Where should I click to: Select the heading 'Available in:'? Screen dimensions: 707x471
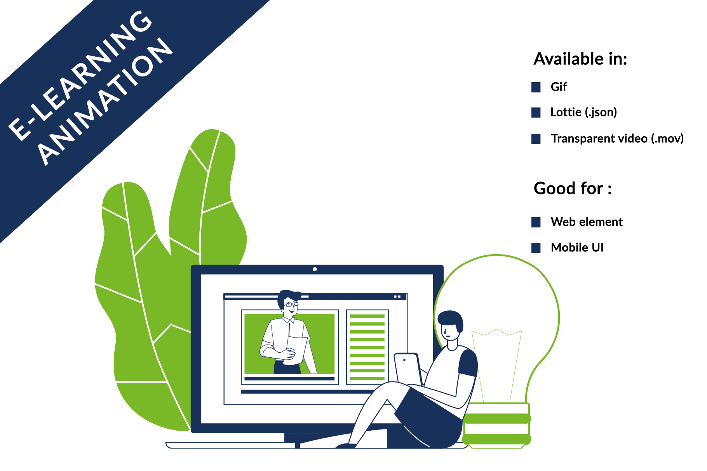click(x=580, y=59)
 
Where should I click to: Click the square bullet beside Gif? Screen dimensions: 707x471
click(x=536, y=87)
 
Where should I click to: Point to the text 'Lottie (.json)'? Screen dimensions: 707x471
click(x=583, y=112)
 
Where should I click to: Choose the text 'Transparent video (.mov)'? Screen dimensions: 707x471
click(x=617, y=139)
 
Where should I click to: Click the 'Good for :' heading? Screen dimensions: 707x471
click(x=573, y=189)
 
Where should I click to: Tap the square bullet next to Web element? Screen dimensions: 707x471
click(x=536, y=222)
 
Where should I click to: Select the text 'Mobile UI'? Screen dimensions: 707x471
click(x=577, y=248)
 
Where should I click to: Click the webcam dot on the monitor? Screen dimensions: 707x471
click(x=315, y=269)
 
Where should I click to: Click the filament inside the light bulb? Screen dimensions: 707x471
click(x=496, y=365)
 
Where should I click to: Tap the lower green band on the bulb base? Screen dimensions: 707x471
click(x=496, y=439)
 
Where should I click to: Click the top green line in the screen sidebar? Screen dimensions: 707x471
click(x=367, y=316)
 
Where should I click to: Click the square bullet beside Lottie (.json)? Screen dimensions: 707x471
click(x=536, y=113)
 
